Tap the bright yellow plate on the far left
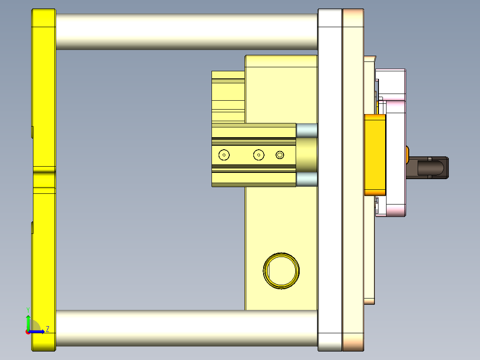43,89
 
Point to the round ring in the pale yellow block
281,271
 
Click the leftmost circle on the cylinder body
224,155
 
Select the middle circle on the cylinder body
259,155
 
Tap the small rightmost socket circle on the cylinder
280,155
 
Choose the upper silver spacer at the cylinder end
307,130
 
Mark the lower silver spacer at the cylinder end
307,180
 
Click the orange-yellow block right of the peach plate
375,155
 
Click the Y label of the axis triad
28,309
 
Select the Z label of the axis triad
47,329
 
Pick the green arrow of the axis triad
28,322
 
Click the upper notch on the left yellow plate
33,132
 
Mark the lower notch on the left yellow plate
33,227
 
